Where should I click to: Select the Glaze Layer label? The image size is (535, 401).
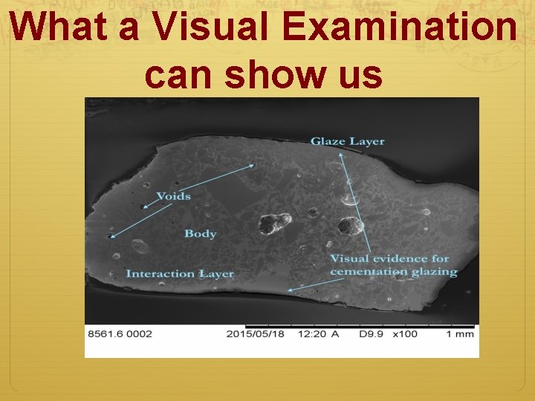[347, 141]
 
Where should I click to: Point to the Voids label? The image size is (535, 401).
[173, 196]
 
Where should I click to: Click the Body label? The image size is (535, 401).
[200, 234]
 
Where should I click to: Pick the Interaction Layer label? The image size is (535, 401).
[180, 274]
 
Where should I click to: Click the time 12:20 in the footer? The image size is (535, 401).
[312, 334]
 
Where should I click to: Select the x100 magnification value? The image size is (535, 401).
[404, 334]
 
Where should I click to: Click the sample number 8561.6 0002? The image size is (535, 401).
[120, 334]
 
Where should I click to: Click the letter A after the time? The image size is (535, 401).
[335, 334]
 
